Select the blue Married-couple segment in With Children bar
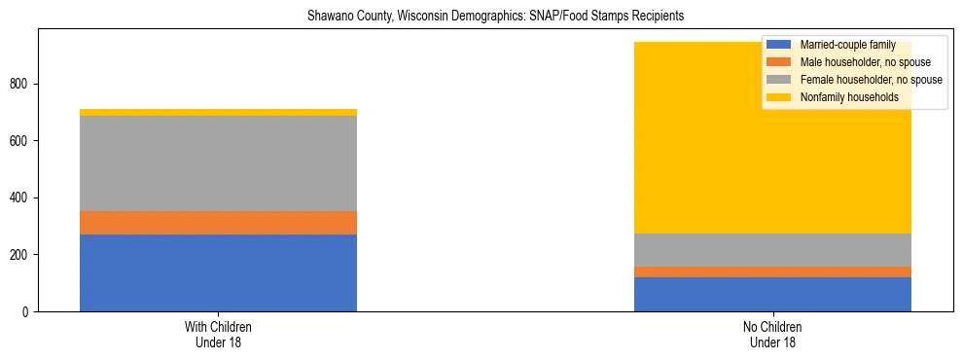pos(218,272)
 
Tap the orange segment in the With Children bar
pos(218,223)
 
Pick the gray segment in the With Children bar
pos(218,163)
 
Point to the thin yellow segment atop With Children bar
pos(218,112)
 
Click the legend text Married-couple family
pos(847,45)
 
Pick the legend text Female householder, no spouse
pos(871,80)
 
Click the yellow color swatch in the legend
pos(778,97)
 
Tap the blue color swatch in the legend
pos(778,45)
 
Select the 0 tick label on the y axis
pos(27,311)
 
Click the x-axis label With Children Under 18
pos(218,335)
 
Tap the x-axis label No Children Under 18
pos(772,335)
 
